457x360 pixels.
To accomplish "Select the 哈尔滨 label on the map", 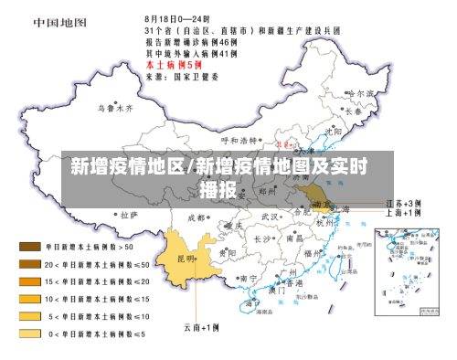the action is point(363,93).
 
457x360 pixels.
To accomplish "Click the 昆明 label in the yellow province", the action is point(186,259).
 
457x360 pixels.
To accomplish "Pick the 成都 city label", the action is point(196,218).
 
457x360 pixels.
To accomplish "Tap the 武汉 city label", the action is point(270,217).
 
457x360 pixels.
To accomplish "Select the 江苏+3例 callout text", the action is point(403,202).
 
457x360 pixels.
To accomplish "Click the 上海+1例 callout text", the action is point(403,213).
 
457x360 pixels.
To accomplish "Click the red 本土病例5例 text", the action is point(173,66).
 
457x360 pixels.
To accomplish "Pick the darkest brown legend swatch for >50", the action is point(30,246).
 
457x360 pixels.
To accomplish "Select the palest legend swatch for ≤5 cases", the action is point(30,334).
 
